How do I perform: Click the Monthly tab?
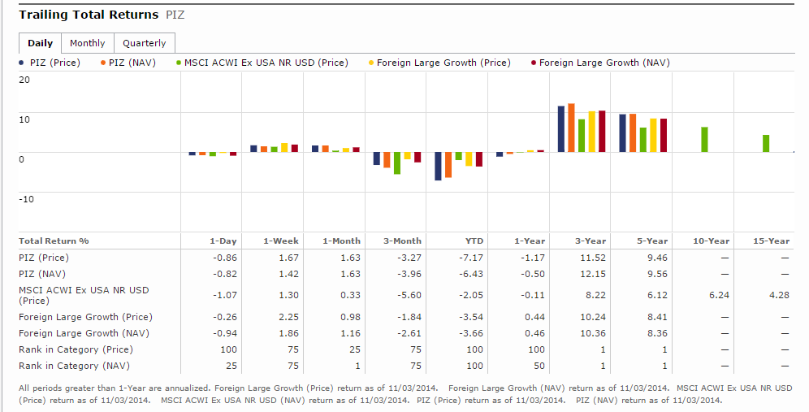coord(87,43)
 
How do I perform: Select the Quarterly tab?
coord(144,43)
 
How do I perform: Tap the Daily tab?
coord(40,43)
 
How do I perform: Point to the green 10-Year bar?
coord(704,140)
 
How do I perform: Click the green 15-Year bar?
coord(765,143)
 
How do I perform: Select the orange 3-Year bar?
coord(571,128)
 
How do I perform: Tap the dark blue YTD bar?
coord(439,166)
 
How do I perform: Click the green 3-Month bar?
coord(397,163)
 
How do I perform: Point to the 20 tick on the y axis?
coord(24,80)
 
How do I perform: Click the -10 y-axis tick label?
coord(26,199)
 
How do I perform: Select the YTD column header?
coord(474,241)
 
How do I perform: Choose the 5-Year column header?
coord(652,241)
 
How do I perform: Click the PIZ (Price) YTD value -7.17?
coord(473,258)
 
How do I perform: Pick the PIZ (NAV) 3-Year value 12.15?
coord(595,274)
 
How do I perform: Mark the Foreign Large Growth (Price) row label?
coord(85,317)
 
